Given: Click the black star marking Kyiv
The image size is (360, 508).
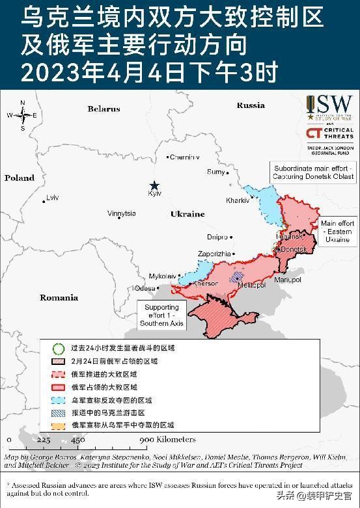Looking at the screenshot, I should coord(154,185).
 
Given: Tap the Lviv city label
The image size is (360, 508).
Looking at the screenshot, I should coord(52,198).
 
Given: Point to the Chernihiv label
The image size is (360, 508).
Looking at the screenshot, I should coord(185,157).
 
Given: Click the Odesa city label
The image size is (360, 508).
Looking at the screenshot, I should coord(145,288).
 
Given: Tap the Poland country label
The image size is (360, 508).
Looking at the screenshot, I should coord(20,178).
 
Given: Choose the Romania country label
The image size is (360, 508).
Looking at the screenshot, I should coord(59,297).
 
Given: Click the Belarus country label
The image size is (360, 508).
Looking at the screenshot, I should coord(104,109).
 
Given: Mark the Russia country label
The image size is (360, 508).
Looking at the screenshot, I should coord(251,105).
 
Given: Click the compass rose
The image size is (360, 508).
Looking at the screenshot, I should coord(23,115).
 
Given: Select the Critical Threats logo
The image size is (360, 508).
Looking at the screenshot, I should coord(330,133).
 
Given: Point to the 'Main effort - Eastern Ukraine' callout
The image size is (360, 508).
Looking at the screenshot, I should coord(337,232).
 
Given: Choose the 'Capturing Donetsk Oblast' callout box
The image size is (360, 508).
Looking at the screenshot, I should coord(314,172).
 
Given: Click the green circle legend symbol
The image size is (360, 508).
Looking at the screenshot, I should coord(59,348).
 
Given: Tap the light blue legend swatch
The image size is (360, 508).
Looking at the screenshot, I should coord(59,399).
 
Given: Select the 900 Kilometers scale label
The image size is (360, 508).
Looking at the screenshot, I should coord(167,440).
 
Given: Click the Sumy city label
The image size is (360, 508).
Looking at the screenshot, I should coord(215,172).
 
